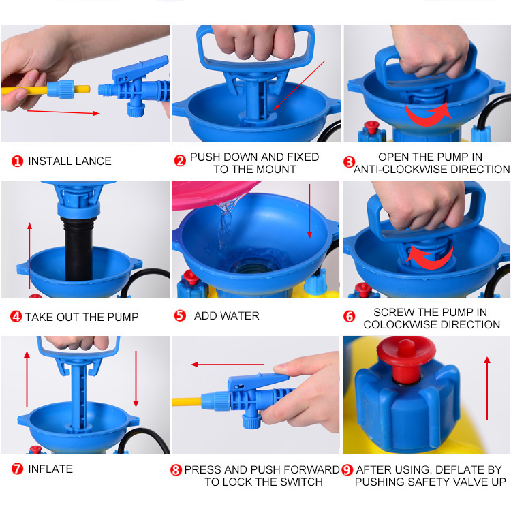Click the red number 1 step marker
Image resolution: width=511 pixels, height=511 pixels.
point(17,161)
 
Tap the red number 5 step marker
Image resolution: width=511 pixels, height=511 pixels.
point(180,315)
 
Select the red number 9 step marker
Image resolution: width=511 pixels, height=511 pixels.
point(347,469)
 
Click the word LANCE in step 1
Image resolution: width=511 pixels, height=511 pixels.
point(94,161)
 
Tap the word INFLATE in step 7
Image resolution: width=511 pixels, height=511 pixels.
point(50,469)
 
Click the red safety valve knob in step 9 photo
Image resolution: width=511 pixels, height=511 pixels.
point(406,358)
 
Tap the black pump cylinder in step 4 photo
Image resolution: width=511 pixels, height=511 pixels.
point(78,249)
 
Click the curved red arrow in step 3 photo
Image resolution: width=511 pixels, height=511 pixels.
point(428,114)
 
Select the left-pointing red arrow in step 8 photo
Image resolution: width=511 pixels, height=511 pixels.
point(227,365)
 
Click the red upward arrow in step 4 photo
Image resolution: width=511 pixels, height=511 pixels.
point(30,255)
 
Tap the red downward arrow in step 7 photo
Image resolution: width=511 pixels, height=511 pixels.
point(136,379)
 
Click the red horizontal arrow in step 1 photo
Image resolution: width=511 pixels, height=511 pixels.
point(63,112)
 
